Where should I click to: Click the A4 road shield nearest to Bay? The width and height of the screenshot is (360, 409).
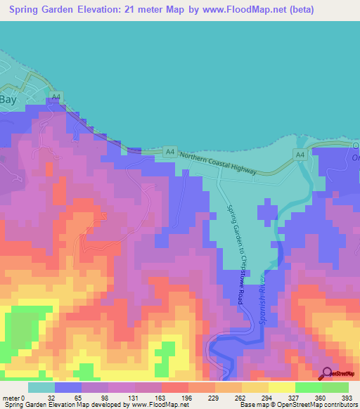[57, 96]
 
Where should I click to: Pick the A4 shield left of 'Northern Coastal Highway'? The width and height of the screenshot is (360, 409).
[169, 150]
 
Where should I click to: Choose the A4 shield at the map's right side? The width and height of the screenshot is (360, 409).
[300, 154]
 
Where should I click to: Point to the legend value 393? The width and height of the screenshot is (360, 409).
[347, 397]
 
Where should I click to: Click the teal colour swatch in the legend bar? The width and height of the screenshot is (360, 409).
[41, 387]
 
